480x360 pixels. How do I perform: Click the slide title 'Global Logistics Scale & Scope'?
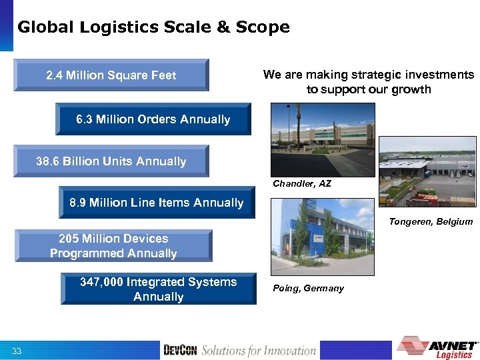click(x=153, y=27)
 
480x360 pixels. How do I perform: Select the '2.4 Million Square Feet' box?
click(x=111, y=75)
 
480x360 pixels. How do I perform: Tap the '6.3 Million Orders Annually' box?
click(x=153, y=119)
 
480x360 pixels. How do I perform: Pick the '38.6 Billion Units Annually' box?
click(x=111, y=161)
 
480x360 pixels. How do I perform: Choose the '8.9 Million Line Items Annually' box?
click(x=157, y=203)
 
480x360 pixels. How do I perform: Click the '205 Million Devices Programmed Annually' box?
click(x=113, y=245)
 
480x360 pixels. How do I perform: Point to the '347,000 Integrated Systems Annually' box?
click(x=159, y=289)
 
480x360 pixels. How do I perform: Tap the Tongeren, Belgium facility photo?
click(x=427, y=171)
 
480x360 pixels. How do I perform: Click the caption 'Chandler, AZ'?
click(x=302, y=183)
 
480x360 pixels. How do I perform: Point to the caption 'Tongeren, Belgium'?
click(x=431, y=221)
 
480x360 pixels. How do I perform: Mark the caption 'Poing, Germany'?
click(x=308, y=288)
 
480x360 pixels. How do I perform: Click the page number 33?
click(x=17, y=351)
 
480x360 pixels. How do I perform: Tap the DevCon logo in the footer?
click(x=180, y=350)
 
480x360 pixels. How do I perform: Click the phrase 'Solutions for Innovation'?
click(x=259, y=350)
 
